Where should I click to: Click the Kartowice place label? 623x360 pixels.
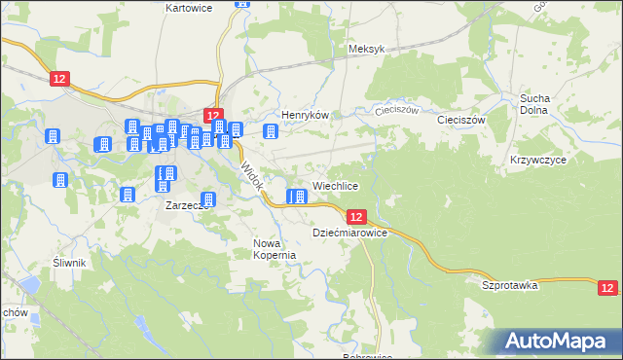pos(190,7)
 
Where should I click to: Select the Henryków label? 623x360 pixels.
pos(302,115)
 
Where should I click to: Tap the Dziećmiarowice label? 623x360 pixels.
pos(350,234)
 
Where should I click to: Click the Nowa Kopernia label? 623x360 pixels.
pos(274,249)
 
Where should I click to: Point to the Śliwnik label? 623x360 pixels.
pos(70,263)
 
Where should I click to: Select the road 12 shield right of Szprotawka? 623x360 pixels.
pos(607,287)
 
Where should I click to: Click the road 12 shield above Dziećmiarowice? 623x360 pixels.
pos(355,217)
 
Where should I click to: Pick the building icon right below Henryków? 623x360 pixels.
pos(272,131)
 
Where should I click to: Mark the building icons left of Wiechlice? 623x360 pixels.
pos(297,197)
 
